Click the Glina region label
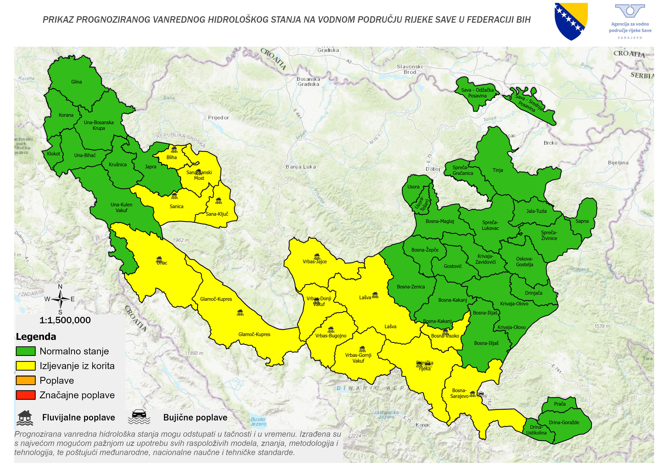coord(76,82)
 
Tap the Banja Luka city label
coord(301,167)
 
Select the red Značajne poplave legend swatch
coord(26,395)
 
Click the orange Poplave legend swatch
coord(26,381)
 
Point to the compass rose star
coord(60,299)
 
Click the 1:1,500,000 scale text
coord(65,320)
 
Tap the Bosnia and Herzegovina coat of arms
coord(571,21)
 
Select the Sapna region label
coord(582,221)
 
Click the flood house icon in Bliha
coord(174,150)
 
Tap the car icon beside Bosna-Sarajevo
coord(482,394)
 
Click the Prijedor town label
coord(218,118)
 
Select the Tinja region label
coord(498,170)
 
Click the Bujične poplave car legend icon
coord(139,417)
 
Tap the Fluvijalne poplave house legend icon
coord(25,418)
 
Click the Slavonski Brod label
coord(409,69)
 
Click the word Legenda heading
coord(36,337)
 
